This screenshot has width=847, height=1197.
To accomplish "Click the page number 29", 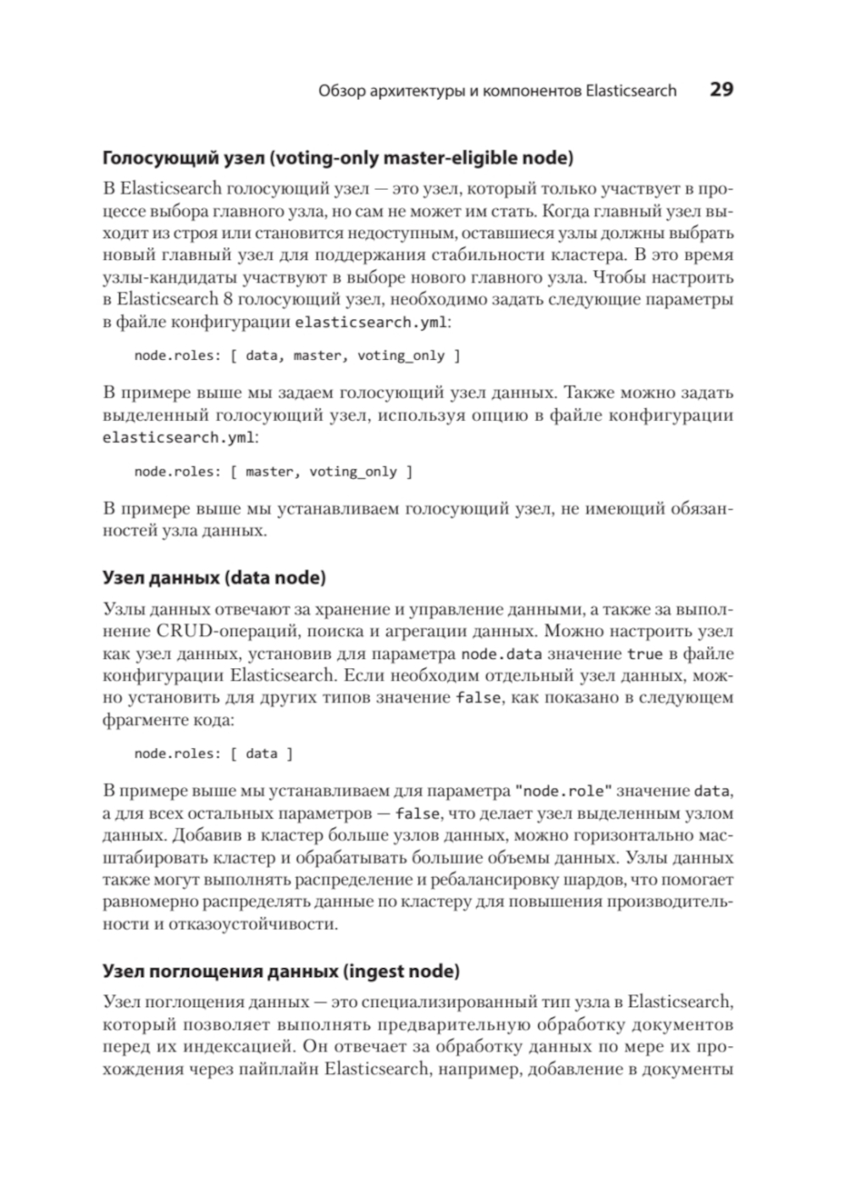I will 721,90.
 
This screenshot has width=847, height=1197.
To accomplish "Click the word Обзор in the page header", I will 341,91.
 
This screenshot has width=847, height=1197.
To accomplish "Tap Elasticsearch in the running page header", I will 631,91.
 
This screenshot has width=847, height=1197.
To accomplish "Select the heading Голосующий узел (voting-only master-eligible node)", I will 338,158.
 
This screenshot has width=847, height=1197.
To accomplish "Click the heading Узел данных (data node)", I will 213,578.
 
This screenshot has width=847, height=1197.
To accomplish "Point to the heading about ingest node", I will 281,970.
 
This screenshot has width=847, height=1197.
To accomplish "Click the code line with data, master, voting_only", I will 297,356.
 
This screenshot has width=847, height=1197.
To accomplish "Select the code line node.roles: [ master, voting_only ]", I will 274,472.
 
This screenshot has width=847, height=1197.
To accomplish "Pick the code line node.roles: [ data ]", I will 213,753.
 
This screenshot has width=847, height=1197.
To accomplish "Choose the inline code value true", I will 645,654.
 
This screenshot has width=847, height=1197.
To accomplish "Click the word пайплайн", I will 279,1069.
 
